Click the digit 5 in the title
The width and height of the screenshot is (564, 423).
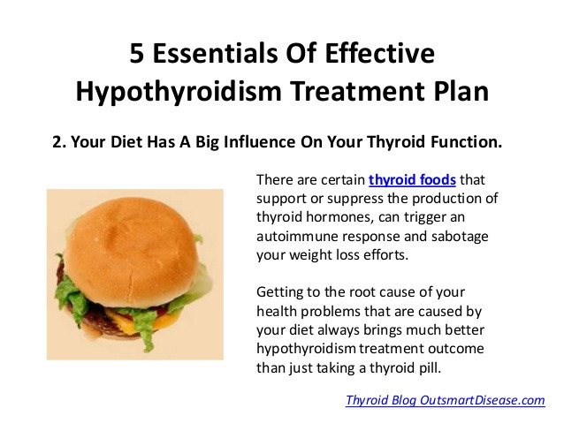click(x=137, y=53)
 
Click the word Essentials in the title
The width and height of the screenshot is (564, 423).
click(x=215, y=53)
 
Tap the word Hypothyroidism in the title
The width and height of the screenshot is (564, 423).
click(x=179, y=91)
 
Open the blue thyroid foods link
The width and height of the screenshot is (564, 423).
click(x=412, y=179)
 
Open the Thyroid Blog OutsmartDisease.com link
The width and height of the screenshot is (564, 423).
click(x=446, y=400)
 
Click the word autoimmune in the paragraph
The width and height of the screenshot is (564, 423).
click(x=297, y=236)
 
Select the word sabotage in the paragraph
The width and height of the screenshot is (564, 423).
click(x=460, y=237)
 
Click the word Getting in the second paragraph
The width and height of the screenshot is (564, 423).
click(x=278, y=292)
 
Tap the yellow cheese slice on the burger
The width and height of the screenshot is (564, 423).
click(x=164, y=321)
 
